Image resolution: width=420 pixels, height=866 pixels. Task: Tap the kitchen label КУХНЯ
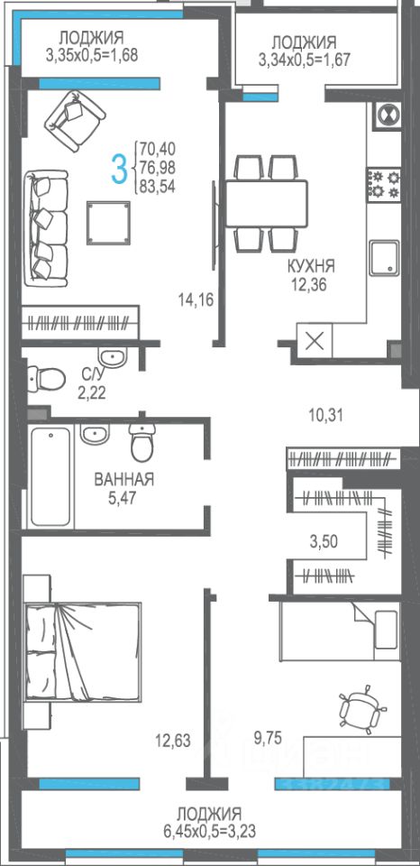click(311, 266)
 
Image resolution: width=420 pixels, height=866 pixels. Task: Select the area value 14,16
click(196, 299)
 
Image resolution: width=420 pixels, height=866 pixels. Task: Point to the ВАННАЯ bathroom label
click(124, 479)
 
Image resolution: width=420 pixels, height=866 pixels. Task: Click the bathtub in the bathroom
click(50, 476)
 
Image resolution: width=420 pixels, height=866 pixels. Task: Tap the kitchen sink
click(385, 257)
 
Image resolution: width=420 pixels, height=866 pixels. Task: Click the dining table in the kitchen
click(266, 203)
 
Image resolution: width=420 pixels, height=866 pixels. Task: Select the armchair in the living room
click(75, 120)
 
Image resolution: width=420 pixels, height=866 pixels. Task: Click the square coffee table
click(109, 222)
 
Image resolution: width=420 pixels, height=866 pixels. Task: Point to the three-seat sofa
click(46, 228)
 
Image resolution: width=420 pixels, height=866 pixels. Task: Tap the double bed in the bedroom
click(82, 652)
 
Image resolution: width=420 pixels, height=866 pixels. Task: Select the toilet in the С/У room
click(47, 378)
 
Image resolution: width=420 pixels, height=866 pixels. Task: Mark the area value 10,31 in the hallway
click(325, 415)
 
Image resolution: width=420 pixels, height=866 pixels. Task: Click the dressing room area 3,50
click(324, 540)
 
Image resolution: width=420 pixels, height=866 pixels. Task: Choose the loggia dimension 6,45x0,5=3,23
click(210, 831)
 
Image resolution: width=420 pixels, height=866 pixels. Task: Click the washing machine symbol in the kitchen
click(387, 115)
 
